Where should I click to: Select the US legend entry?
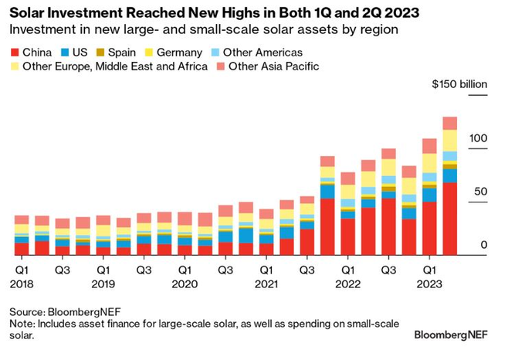pos(76,53)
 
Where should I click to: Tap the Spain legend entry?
pos(122,53)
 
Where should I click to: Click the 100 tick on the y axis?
pos(478,138)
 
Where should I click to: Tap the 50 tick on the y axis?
pos(481,191)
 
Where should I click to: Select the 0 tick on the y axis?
pos(484,245)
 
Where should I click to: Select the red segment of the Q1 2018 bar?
pos(22,249)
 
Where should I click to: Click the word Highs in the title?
pos(231,11)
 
